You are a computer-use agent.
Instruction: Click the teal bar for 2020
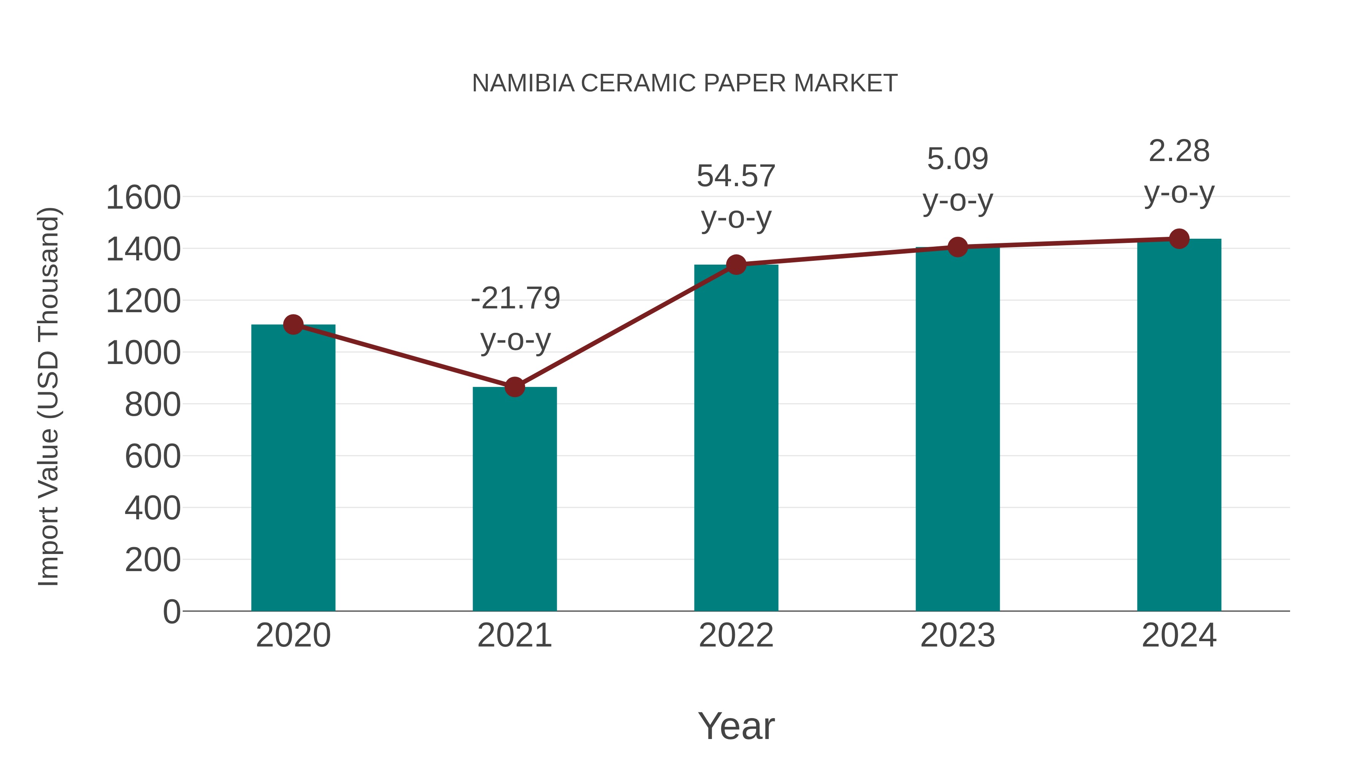(293, 468)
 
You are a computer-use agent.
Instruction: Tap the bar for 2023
(957, 429)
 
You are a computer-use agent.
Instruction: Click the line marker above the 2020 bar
(293, 324)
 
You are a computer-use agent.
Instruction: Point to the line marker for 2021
(514, 387)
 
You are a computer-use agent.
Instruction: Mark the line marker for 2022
(736, 265)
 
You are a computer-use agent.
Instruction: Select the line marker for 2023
(957, 247)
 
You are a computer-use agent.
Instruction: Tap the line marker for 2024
(1179, 239)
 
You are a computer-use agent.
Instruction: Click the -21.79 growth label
(515, 298)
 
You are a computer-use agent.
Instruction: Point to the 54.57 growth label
(736, 176)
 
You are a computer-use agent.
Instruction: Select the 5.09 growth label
(957, 158)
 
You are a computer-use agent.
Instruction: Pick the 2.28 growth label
(1179, 151)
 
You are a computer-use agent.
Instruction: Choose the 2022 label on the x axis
(736, 635)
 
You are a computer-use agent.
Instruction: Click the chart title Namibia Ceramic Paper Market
(685, 83)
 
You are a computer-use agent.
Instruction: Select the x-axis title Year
(736, 726)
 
